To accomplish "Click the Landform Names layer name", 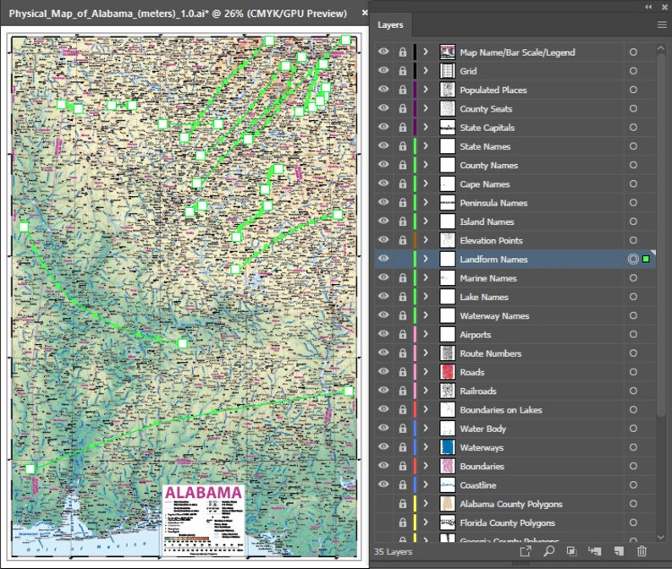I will point(493,260).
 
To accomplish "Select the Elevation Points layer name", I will point(491,241).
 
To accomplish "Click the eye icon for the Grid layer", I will point(384,71).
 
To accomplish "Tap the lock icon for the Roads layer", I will point(402,372).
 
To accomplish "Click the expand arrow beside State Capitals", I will point(426,128).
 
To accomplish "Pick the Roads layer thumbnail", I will point(448,372).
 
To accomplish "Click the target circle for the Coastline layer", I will point(633,485).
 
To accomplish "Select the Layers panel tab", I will point(390,25).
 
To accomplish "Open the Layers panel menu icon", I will point(662,25).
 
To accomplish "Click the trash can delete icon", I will point(642,551).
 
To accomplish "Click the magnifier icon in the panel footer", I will point(548,551).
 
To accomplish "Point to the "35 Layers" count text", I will point(393,551).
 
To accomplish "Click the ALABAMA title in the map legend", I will point(203,493).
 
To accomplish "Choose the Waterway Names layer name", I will point(494,316).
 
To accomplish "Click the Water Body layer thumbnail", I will point(448,429).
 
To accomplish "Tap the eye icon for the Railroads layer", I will point(384,391).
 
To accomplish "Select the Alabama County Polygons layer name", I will point(510,504).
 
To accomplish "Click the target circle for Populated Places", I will point(633,90).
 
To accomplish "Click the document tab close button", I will point(365,14).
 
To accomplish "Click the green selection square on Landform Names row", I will point(646,260).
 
